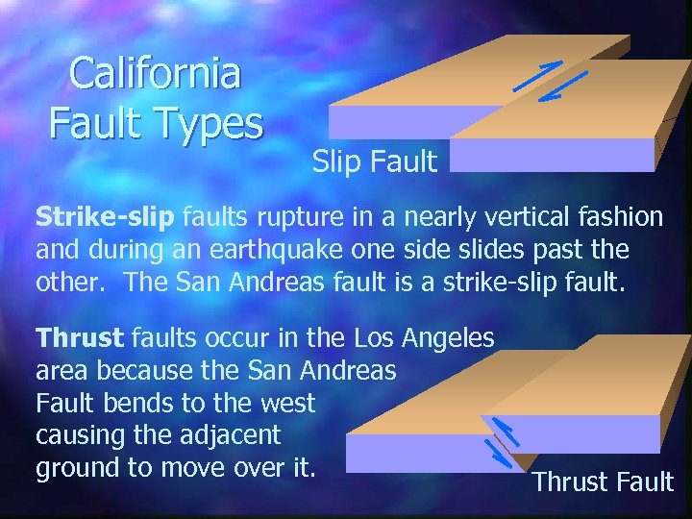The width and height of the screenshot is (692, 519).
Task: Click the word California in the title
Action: click(156, 75)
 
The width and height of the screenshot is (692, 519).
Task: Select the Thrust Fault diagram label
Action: click(604, 482)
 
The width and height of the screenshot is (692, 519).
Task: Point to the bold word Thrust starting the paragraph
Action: click(80, 338)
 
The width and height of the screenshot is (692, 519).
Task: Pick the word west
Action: click(287, 403)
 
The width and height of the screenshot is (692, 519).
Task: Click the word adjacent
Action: click(231, 435)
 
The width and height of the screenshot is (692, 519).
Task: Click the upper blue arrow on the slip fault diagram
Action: click(537, 75)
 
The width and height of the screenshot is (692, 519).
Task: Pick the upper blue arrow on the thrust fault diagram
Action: click(506, 432)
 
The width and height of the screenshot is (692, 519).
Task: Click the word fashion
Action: click(620, 217)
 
